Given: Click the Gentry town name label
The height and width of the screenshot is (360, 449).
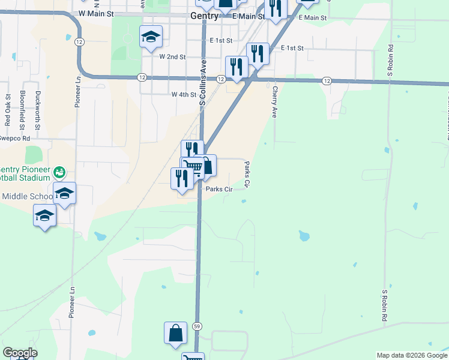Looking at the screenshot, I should click(x=204, y=16).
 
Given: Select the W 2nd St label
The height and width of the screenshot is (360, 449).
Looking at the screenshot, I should click(x=172, y=56).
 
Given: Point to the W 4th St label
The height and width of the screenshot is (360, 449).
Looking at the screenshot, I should click(x=184, y=95).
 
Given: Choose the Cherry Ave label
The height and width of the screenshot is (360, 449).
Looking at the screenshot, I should click(x=274, y=101).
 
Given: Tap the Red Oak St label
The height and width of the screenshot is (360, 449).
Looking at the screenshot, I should click(x=8, y=109).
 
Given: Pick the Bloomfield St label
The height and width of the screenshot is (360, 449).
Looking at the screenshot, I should click(x=22, y=110).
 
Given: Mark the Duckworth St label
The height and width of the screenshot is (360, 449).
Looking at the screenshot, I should click(x=37, y=110).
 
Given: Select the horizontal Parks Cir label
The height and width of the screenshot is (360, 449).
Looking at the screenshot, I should click(x=219, y=189).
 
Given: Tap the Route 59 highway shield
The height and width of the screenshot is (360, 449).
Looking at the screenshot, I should click(x=197, y=326).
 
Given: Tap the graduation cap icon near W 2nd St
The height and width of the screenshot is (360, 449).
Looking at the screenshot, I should click(x=151, y=37).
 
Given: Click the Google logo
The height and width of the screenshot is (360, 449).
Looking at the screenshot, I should click(x=20, y=353).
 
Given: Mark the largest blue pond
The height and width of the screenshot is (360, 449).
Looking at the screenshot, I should click(x=304, y=236).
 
